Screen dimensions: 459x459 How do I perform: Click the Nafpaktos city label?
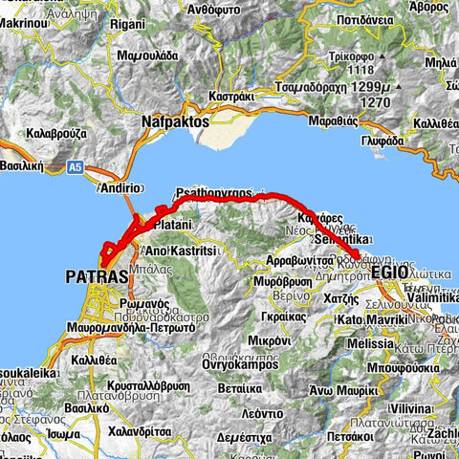coord(175,122)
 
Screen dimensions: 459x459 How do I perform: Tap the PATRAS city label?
coord(97,276)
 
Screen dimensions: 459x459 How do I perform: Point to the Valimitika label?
coord(426,297)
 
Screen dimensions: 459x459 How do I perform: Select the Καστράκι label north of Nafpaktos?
coord(231,97)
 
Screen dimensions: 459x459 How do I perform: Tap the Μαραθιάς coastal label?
coord(334,121)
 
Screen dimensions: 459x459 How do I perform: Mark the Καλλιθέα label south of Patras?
coord(92,361)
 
